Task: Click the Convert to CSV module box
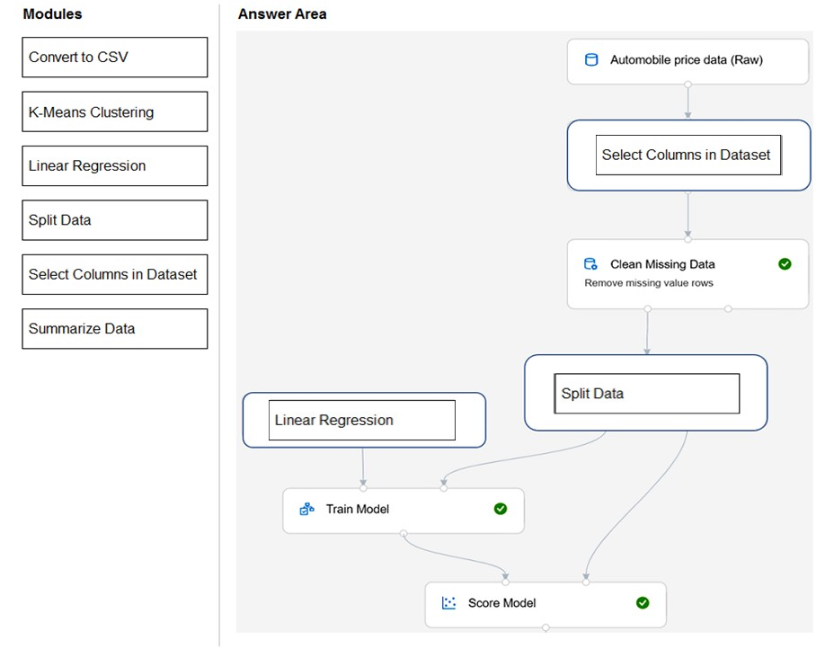pyautogui.click(x=114, y=58)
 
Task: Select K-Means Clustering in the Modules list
pyautogui.click(x=114, y=111)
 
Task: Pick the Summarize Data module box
pyautogui.click(x=114, y=329)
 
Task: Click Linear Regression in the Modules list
pyautogui.click(x=114, y=166)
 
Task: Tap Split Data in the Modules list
pyautogui.click(x=114, y=220)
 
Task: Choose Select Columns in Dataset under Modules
pyautogui.click(x=114, y=274)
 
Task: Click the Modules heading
pyautogui.click(x=52, y=14)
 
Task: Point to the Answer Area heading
pyautogui.click(x=282, y=14)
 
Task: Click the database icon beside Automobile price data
pyautogui.click(x=591, y=60)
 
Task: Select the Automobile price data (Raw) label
pyautogui.click(x=687, y=60)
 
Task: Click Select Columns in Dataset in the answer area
pyautogui.click(x=688, y=156)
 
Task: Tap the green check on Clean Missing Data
pyautogui.click(x=785, y=264)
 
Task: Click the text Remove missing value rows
pyautogui.click(x=649, y=283)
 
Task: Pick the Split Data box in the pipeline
pyautogui.click(x=647, y=394)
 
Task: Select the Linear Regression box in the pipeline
pyautogui.click(x=361, y=420)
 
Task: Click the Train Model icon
pyautogui.click(x=307, y=509)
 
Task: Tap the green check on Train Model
pyautogui.click(x=501, y=509)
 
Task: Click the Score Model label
pyautogui.click(x=501, y=603)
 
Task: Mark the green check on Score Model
pyautogui.click(x=643, y=602)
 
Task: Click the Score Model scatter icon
pyautogui.click(x=448, y=602)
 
